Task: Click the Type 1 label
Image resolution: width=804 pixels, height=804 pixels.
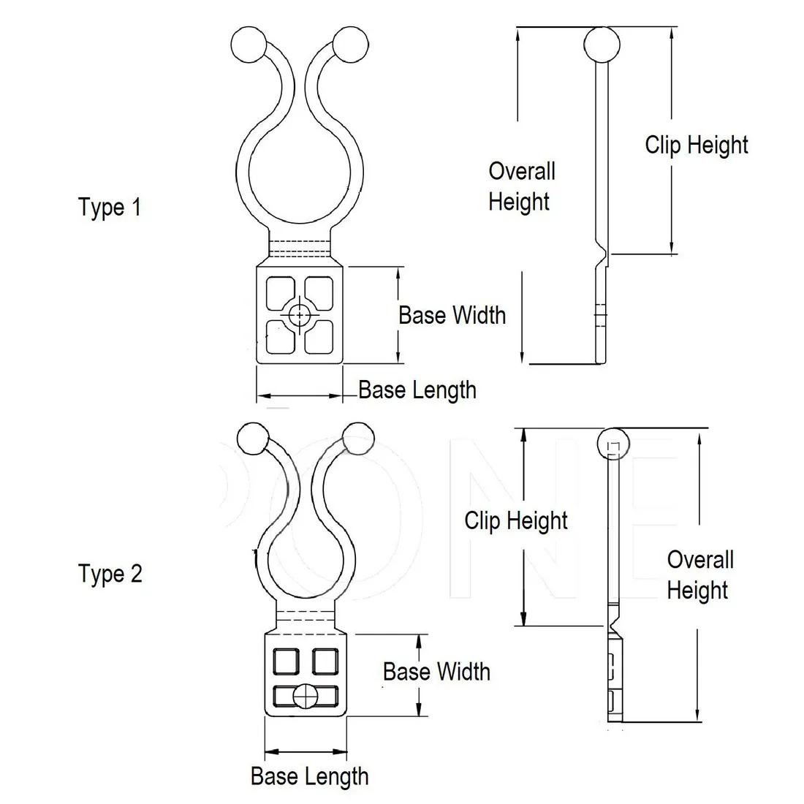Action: pyautogui.click(x=110, y=208)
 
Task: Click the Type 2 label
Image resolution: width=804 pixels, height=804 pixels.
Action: pyautogui.click(x=110, y=574)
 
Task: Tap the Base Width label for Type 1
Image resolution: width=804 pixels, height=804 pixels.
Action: pyautogui.click(x=452, y=315)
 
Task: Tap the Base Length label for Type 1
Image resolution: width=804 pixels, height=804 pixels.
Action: pyautogui.click(x=417, y=390)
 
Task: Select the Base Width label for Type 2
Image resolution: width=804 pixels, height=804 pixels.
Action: pyautogui.click(x=436, y=672)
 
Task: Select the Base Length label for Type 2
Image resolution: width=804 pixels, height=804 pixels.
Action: pyautogui.click(x=309, y=775)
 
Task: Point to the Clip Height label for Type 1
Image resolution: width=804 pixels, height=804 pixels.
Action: pyautogui.click(x=697, y=145)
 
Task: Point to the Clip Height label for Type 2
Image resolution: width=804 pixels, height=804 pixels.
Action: pyautogui.click(x=516, y=520)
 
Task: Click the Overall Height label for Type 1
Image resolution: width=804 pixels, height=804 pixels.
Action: pyautogui.click(x=521, y=186)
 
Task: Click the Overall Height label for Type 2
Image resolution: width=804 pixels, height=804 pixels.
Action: pyautogui.click(x=699, y=575)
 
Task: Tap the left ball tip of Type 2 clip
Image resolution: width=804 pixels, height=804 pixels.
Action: pyautogui.click(x=254, y=438)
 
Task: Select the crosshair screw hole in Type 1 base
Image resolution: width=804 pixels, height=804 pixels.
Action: pyautogui.click(x=299, y=315)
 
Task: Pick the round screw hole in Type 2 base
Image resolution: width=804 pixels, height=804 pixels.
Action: pyautogui.click(x=306, y=697)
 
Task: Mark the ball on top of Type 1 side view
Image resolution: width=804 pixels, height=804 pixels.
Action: pyautogui.click(x=602, y=45)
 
